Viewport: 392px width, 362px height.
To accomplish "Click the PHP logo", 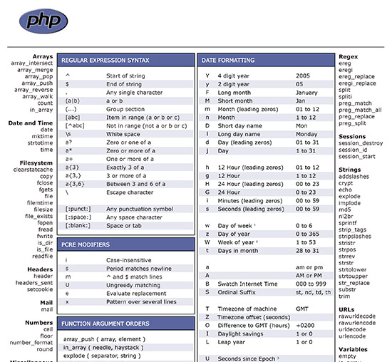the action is [44, 21].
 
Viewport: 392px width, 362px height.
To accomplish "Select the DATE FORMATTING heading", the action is [227, 61].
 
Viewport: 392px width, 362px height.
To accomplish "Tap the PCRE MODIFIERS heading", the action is [85, 245].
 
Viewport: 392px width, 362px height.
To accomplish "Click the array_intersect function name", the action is [31, 63].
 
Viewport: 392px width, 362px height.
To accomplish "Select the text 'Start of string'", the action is [127, 76].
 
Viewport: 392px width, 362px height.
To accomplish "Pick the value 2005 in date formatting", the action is [303, 76].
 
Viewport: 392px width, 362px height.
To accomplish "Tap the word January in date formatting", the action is [306, 93].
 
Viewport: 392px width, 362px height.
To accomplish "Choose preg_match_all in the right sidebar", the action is [360, 110].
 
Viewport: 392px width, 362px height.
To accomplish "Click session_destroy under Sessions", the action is [361, 143].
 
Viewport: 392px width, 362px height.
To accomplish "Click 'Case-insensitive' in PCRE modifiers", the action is [129, 259].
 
